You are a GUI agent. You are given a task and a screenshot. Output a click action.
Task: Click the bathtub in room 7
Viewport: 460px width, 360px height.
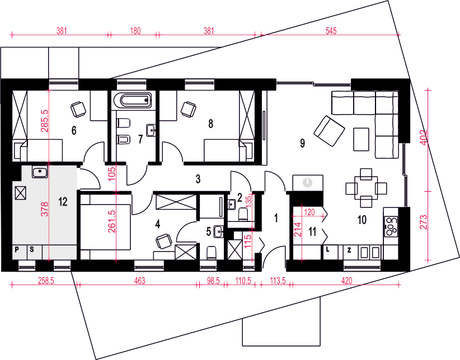click(132, 101)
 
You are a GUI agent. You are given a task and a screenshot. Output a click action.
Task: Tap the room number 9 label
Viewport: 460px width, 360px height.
click(302, 143)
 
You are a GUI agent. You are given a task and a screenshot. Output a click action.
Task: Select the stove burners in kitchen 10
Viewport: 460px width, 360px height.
click(391, 226)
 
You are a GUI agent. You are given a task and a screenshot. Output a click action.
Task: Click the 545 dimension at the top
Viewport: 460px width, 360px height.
click(331, 31)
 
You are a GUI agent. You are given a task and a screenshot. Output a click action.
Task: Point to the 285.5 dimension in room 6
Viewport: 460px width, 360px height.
click(45, 121)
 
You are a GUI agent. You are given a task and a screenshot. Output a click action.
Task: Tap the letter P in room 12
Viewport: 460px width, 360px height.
click(17, 249)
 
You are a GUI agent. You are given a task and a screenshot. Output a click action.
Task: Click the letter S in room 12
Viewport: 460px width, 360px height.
click(32, 249)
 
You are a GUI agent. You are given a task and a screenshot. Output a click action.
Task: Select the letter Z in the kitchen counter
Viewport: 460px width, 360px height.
click(349, 250)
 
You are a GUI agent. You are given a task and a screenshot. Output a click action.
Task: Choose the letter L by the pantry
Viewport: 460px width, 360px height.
click(328, 249)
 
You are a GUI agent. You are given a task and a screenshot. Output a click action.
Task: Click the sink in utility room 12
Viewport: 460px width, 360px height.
click(40, 172)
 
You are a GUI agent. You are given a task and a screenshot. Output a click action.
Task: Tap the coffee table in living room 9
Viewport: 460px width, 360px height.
click(361, 139)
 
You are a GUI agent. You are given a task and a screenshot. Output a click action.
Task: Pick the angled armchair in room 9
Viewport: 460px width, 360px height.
click(329, 131)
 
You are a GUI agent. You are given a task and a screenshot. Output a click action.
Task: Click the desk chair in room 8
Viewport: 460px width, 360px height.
click(189, 110)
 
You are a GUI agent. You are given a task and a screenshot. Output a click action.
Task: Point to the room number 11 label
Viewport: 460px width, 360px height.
click(312, 231)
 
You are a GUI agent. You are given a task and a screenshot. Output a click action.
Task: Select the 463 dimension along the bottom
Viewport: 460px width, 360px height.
click(140, 281)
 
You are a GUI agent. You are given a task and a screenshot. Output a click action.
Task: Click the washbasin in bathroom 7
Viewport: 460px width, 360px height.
click(151, 130)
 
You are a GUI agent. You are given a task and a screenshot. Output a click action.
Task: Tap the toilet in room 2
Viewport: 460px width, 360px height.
click(243, 215)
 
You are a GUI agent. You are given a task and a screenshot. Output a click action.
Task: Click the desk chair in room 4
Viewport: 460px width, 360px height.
click(164, 241)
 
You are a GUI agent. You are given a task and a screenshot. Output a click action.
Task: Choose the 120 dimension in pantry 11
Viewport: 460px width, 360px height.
click(309, 212)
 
